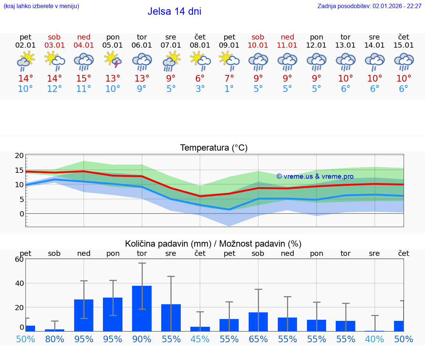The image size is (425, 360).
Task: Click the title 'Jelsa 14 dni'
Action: pyautogui.click(x=174, y=11)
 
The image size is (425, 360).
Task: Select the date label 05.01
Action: pyautogui.click(x=113, y=45)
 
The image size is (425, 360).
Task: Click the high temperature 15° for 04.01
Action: pyautogui.click(x=84, y=79)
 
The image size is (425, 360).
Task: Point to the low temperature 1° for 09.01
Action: pyautogui.click(x=229, y=89)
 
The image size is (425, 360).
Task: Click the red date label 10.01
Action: pyautogui.click(x=258, y=45)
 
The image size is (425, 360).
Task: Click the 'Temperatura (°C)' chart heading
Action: pyautogui.click(x=214, y=148)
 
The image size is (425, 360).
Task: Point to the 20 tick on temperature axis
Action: pyautogui.click(x=19, y=156)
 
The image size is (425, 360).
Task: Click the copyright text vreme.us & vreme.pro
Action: pyautogui.click(x=315, y=176)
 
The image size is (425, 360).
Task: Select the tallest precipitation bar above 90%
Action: pyautogui.click(x=142, y=308)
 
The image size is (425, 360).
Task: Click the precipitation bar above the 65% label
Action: pyautogui.click(x=258, y=322)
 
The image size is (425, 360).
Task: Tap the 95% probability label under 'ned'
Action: pyautogui.click(x=84, y=339)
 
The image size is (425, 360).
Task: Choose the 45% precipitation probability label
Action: pyautogui.click(x=200, y=339)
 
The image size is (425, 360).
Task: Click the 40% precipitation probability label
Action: pyautogui.click(x=374, y=339)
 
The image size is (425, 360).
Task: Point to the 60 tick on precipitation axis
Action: pyautogui.click(x=19, y=259)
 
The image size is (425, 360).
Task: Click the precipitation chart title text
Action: pyautogui.click(x=213, y=244)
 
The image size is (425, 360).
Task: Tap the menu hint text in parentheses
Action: pyautogui.click(x=41, y=6)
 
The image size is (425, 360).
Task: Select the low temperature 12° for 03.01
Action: pyautogui.click(x=54, y=89)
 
